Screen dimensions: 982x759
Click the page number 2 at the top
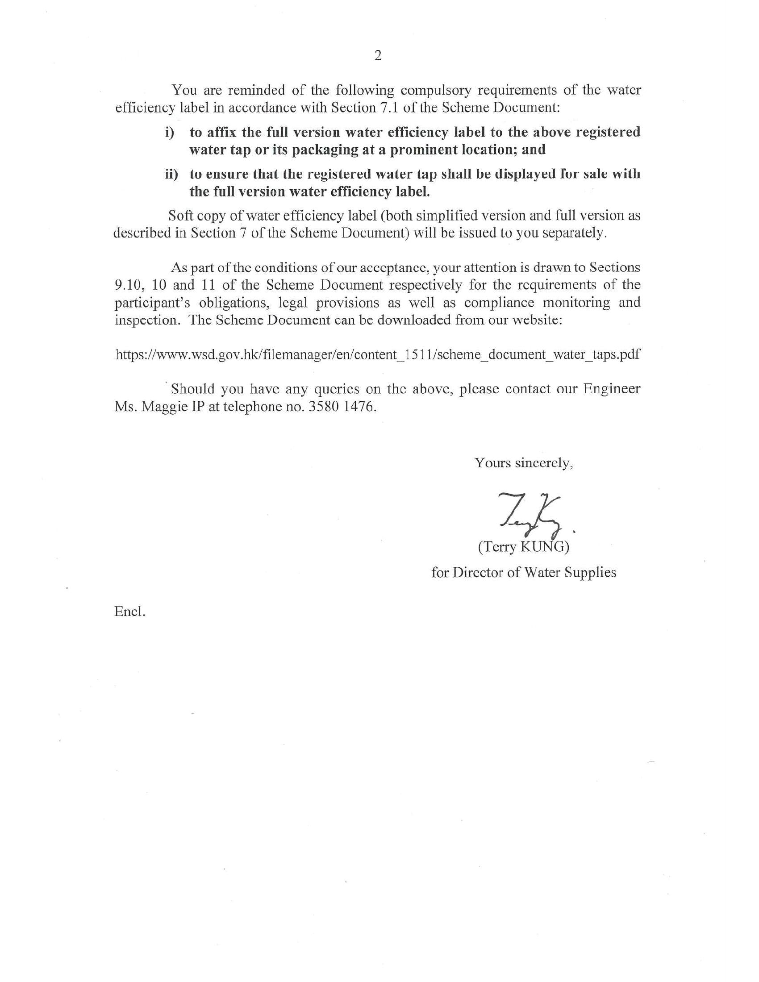click(377, 56)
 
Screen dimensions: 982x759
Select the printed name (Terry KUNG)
click(523, 547)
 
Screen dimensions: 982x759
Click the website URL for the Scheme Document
click(378, 354)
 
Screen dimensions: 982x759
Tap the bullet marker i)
click(170, 133)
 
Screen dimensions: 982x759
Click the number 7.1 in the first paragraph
click(385, 108)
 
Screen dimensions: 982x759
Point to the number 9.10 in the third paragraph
click(129, 285)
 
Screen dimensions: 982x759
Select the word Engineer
click(611, 388)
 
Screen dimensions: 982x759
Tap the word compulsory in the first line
click(436, 90)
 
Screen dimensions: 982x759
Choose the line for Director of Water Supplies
click(523, 572)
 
